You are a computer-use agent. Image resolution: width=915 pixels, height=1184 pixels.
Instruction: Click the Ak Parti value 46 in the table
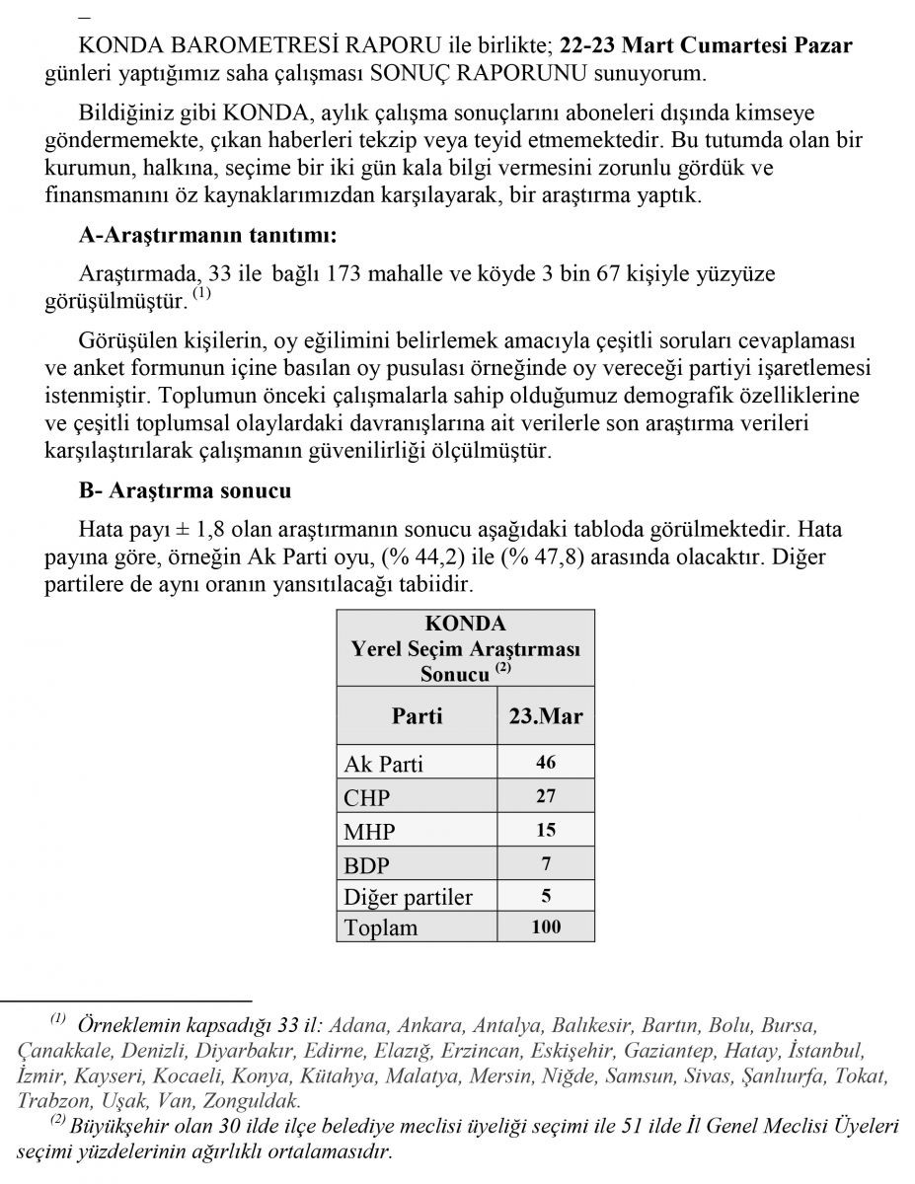(546, 763)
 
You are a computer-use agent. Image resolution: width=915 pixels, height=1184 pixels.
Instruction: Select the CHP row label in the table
(366, 797)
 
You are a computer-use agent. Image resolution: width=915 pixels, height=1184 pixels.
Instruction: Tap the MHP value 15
(546, 830)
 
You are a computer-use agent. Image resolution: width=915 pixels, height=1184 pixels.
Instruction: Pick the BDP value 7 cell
(546, 863)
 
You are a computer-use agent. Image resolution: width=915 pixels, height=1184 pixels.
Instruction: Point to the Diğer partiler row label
(408, 897)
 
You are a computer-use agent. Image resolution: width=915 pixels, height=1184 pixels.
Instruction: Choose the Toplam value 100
(546, 926)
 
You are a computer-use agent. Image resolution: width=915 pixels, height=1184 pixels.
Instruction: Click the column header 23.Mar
(546, 715)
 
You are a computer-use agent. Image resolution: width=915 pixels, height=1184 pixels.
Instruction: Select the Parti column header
(417, 715)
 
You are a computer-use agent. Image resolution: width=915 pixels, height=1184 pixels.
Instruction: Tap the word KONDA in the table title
(465, 625)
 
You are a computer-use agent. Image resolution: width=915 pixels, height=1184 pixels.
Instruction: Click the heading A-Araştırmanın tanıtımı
(207, 236)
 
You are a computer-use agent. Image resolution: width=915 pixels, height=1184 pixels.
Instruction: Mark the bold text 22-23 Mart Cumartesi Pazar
(705, 45)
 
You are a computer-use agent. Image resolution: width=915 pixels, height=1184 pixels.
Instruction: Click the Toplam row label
(380, 927)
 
